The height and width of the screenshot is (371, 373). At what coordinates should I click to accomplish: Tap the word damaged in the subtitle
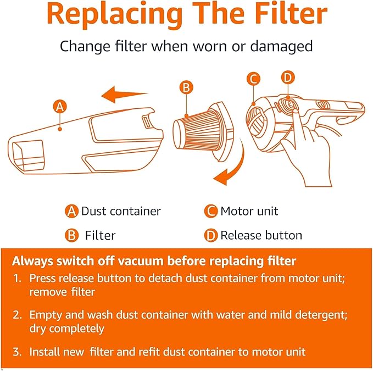281,46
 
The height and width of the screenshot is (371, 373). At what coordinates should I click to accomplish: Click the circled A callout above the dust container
60,107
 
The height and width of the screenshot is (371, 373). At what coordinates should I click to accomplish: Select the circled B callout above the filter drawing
186,87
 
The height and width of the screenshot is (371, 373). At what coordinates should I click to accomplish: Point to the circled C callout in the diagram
253,79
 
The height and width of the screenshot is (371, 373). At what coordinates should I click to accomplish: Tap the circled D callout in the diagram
288,77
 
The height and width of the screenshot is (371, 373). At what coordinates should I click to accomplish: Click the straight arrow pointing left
125,95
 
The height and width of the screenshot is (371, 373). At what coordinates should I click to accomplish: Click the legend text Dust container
121,211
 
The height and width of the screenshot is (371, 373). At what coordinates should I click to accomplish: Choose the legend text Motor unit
249,211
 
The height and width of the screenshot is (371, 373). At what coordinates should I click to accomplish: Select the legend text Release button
261,235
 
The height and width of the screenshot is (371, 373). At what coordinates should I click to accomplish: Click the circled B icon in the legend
71,235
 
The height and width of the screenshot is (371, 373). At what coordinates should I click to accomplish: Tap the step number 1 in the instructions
17,278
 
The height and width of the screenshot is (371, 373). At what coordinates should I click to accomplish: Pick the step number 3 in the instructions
17,352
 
